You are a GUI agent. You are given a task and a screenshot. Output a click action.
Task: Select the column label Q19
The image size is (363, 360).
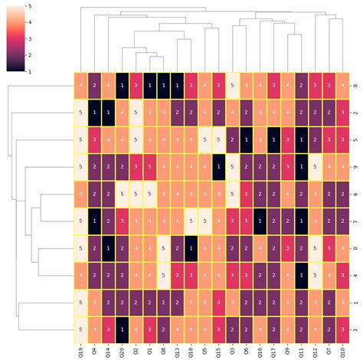(80, 351)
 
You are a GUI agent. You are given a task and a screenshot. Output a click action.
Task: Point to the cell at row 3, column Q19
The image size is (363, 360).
(80, 329)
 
